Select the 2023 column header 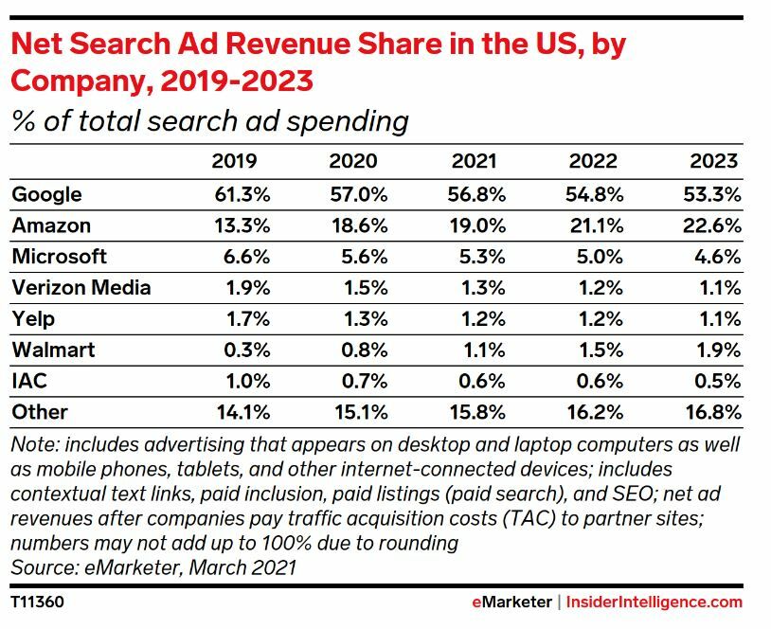tap(714, 161)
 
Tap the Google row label tap(46, 194)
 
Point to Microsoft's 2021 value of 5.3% tap(480, 257)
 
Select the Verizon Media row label tap(81, 288)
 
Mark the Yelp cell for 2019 tap(244, 319)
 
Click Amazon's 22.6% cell tap(714, 225)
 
